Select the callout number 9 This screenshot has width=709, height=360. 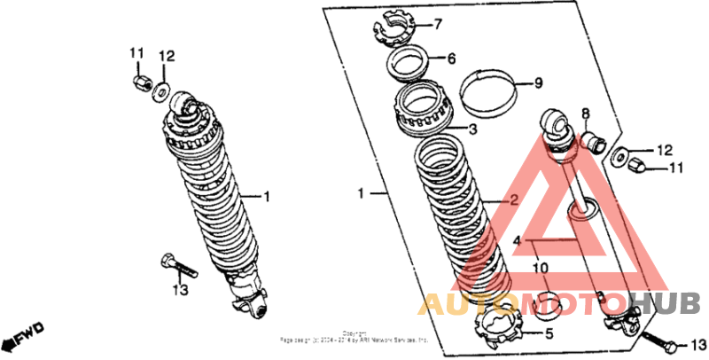point(538,84)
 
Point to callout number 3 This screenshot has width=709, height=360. point(473,129)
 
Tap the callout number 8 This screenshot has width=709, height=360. point(585,113)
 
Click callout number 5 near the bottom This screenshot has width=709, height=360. point(548,334)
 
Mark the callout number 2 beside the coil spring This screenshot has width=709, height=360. point(513,200)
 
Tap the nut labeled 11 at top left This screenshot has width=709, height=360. point(139,82)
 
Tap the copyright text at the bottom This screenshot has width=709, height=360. point(354,336)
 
